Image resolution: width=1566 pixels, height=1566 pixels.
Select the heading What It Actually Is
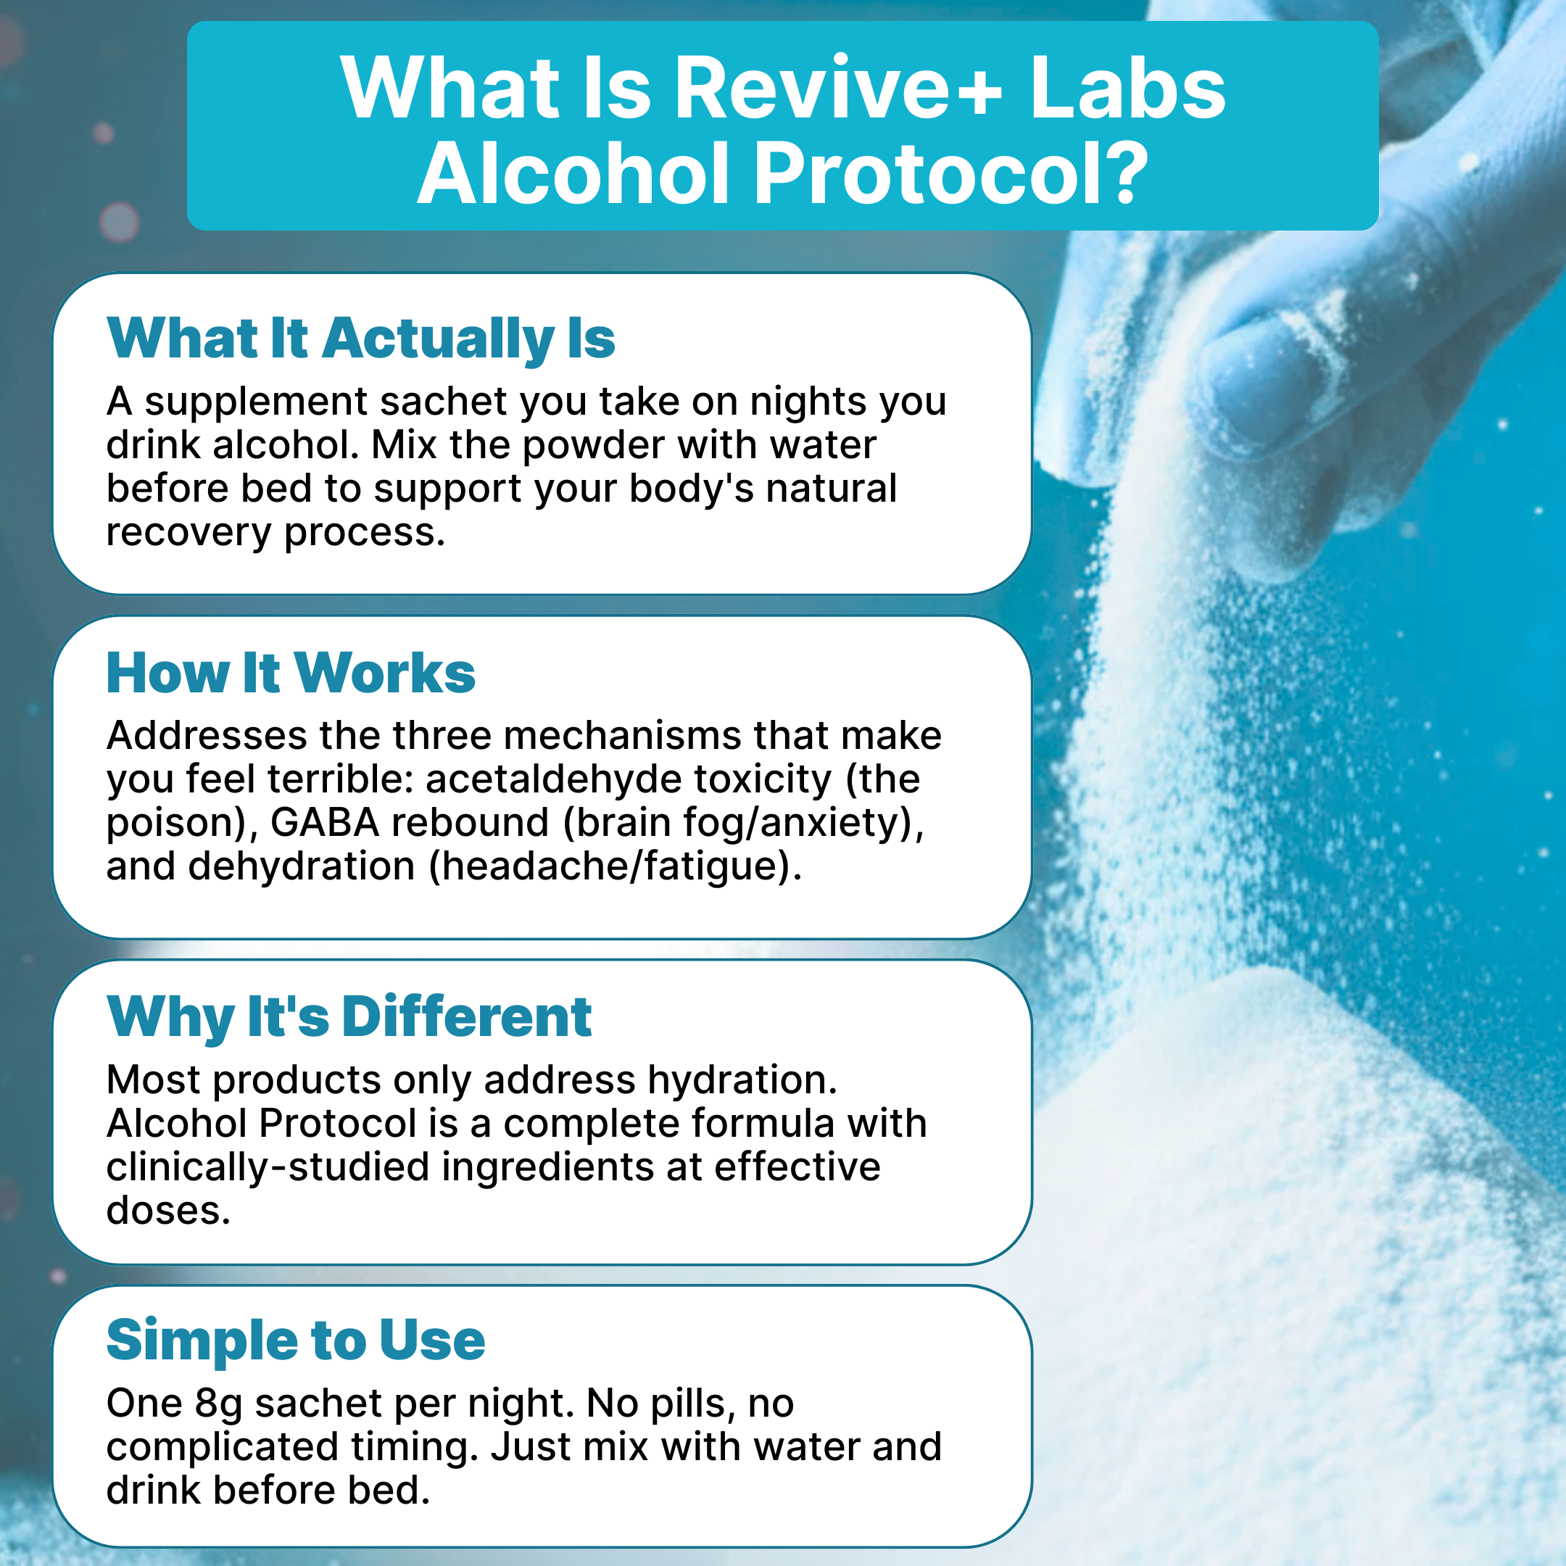[x=361, y=338]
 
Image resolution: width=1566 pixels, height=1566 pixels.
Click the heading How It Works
[x=290, y=673]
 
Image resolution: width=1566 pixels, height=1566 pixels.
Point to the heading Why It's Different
[x=349, y=1016]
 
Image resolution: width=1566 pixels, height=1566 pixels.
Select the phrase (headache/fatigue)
[x=616, y=866]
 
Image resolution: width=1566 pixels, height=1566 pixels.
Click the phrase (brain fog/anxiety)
[x=743, y=824]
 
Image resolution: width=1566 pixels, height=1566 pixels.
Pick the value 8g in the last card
[x=219, y=1404]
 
